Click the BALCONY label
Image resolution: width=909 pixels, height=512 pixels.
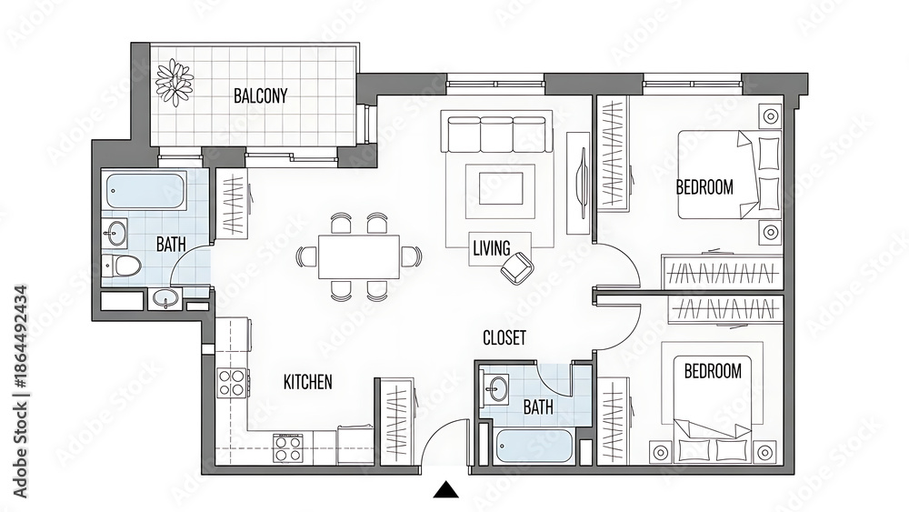coord(260,95)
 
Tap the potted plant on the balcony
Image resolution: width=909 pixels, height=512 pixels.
coord(175,82)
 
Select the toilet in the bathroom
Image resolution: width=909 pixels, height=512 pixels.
coord(122,266)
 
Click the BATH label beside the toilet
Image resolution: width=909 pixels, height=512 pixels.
coord(171,244)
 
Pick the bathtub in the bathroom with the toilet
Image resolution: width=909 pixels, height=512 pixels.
coord(146,191)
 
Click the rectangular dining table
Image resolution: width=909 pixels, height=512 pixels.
coord(359,256)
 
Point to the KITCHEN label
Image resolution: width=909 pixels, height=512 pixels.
coord(308,382)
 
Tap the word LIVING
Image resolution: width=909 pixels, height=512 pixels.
coord(492,248)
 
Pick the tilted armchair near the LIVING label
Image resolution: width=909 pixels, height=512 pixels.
coord(518,268)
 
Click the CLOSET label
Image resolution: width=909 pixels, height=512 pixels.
coord(504,337)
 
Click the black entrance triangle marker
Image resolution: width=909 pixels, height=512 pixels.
coord(445,490)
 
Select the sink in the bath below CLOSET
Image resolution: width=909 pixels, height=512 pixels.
coord(496,386)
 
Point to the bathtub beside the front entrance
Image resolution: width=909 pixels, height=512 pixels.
coord(534,446)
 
